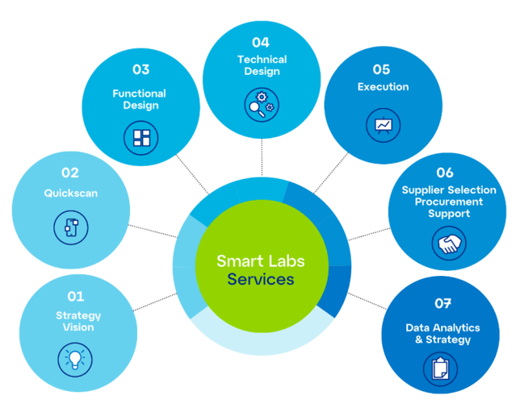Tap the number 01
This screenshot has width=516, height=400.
pos(74,297)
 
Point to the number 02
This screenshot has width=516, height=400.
pos(69,173)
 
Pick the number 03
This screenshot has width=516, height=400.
pos(141,70)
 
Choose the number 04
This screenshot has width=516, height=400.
pos(260,42)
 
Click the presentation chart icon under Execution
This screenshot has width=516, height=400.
pos(382,126)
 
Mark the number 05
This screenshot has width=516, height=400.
pos(382,70)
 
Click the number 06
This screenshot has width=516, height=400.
pos(445,173)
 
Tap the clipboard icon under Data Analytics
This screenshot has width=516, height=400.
pos(440,368)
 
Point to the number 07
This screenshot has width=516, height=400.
pos(442,304)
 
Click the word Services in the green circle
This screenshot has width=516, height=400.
pos(261,281)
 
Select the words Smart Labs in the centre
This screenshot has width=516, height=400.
pos(261,261)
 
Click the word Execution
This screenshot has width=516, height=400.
pos(383,87)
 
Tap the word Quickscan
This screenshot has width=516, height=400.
pos(70,194)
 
